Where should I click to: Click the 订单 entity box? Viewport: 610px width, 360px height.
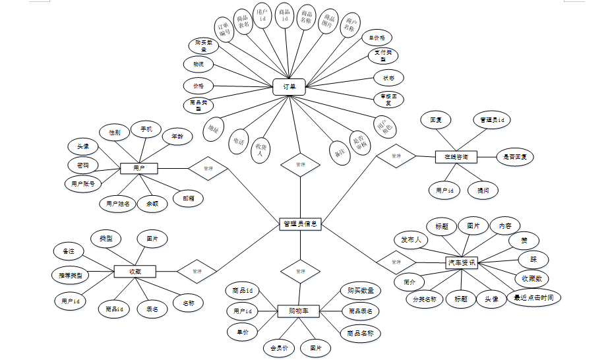coord(289,86)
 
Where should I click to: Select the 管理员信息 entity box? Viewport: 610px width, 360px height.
coord(299,224)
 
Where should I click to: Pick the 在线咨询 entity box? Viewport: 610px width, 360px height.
coord(456,157)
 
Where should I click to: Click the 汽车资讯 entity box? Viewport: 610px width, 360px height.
coord(462,262)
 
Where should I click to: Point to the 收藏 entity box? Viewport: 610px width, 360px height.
coord(134,271)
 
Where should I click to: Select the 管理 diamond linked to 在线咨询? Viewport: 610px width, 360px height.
coord(396,156)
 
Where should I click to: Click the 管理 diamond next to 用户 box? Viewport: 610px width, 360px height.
coord(208,169)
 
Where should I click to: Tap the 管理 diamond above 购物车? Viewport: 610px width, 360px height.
coord(300,271)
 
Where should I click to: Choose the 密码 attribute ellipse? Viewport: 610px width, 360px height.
coord(82,165)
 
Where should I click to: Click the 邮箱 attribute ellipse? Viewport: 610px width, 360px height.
coord(187,197)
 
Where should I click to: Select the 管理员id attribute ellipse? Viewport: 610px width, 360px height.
coord(491,121)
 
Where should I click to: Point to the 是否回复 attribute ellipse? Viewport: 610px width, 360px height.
coord(514,157)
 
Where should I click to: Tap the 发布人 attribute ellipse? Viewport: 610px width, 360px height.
coord(410,239)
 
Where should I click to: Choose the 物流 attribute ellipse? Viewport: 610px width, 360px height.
coord(198,65)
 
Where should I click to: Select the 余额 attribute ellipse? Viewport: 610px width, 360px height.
coord(152,204)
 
